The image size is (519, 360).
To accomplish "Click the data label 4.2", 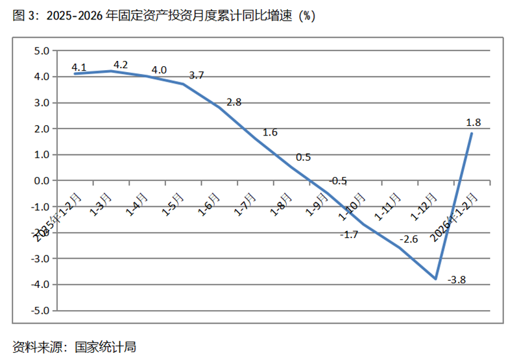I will click(120, 65).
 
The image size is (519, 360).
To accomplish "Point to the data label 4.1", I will click(79, 67).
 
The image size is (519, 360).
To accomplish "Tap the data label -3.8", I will click(457, 280).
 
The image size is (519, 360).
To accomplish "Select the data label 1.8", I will click(473, 121).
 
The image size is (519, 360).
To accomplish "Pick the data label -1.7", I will click(349, 234).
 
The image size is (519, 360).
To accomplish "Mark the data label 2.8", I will click(234, 102).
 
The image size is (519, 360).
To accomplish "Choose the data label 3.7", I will click(197, 75).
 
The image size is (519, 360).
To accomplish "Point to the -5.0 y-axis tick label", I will click(40, 310).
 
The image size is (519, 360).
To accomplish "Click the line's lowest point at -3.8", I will click(436, 278).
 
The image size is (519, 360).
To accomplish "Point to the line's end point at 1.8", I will click(472, 134).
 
